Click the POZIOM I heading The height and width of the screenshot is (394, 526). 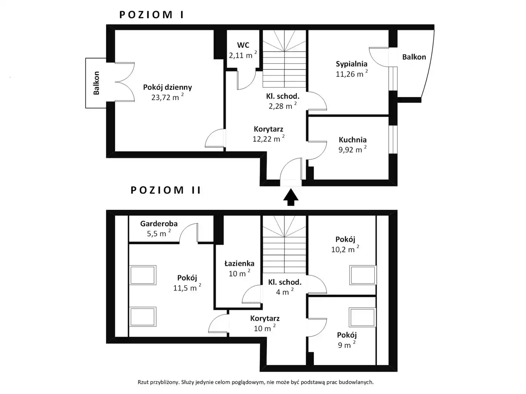pyautogui.click(x=152, y=15)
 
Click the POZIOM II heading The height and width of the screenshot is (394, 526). pyautogui.click(x=166, y=190)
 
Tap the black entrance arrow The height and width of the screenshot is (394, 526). pyautogui.click(x=291, y=197)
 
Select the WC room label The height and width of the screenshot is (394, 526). pyautogui.click(x=243, y=45)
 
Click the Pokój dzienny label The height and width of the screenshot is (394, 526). pyautogui.click(x=168, y=87)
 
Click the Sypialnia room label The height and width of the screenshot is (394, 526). pyautogui.click(x=351, y=64)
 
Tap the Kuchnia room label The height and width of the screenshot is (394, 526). pyautogui.click(x=353, y=140)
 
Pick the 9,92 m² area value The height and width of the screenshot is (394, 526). pyautogui.click(x=353, y=149)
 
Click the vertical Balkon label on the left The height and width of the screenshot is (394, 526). pyautogui.click(x=96, y=83)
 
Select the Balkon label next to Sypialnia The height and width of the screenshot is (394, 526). pyautogui.click(x=414, y=57)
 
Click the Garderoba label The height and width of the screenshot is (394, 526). pyautogui.click(x=159, y=224)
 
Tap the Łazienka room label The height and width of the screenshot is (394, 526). pyautogui.click(x=239, y=263)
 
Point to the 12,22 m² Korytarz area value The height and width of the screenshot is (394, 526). pyautogui.click(x=268, y=139)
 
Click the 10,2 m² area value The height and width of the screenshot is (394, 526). pyautogui.click(x=345, y=249)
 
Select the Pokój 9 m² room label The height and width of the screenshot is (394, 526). pyautogui.click(x=347, y=335)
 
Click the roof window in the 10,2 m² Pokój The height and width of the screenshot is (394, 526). pyautogui.click(x=362, y=275)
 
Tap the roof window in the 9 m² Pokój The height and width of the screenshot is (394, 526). pyautogui.click(x=362, y=317)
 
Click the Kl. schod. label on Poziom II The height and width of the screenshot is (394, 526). pyautogui.click(x=285, y=282)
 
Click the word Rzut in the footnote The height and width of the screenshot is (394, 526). pyautogui.click(x=143, y=382)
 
